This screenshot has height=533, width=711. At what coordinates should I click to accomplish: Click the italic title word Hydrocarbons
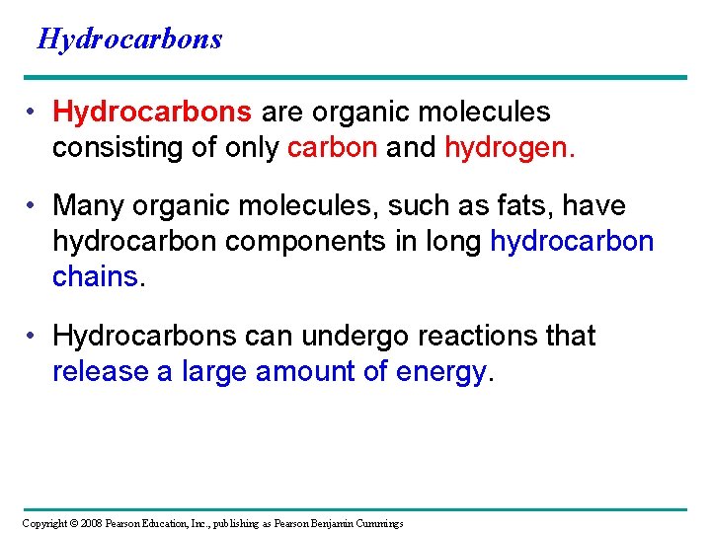click(x=129, y=38)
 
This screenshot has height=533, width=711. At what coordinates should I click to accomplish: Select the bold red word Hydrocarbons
click(x=152, y=113)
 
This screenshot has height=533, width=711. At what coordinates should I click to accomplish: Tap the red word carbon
click(x=332, y=148)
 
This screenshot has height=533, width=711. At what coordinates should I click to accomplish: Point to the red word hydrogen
click(x=508, y=148)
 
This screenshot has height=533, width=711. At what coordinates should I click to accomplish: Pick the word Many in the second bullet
click(x=86, y=205)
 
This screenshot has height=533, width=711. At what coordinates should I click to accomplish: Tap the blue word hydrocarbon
click(x=572, y=241)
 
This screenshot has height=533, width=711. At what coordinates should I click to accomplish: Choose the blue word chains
click(x=96, y=276)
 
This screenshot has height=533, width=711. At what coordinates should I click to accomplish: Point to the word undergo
click(x=355, y=336)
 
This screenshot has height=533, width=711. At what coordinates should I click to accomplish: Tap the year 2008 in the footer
click(x=90, y=523)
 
